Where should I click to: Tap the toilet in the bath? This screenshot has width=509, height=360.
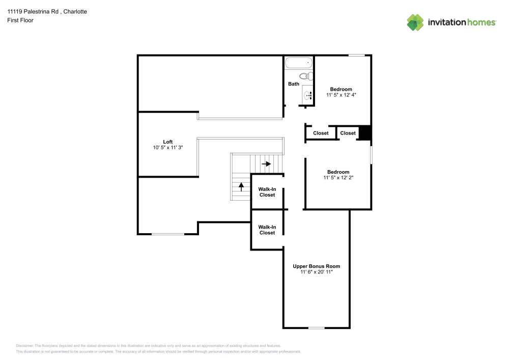pyautogui.click(x=305, y=76)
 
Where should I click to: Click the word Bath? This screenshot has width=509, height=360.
pyautogui.click(x=294, y=84)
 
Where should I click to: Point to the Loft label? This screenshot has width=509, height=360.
pyautogui.click(x=168, y=142)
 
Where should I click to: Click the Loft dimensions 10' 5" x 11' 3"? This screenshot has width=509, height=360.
pyautogui.click(x=168, y=148)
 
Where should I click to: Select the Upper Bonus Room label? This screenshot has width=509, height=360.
pyautogui.click(x=316, y=266)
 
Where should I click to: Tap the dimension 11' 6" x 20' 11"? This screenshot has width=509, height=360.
pyautogui.click(x=316, y=272)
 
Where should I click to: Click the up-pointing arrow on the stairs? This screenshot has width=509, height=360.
pyautogui.click(x=241, y=186)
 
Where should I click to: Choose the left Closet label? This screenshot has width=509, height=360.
pyautogui.click(x=321, y=133)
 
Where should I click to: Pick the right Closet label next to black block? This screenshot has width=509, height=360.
pyautogui.click(x=348, y=133)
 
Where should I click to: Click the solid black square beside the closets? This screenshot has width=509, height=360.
pyautogui.click(x=365, y=132)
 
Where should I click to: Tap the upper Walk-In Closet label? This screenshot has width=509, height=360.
pyautogui.click(x=267, y=192)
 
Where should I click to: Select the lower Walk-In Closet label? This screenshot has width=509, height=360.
pyautogui.click(x=267, y=230)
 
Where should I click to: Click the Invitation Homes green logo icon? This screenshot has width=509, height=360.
pyautogui.click(x=415, y=22)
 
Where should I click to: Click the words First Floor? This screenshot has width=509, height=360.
pyautogui.click(x=20, y=20)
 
